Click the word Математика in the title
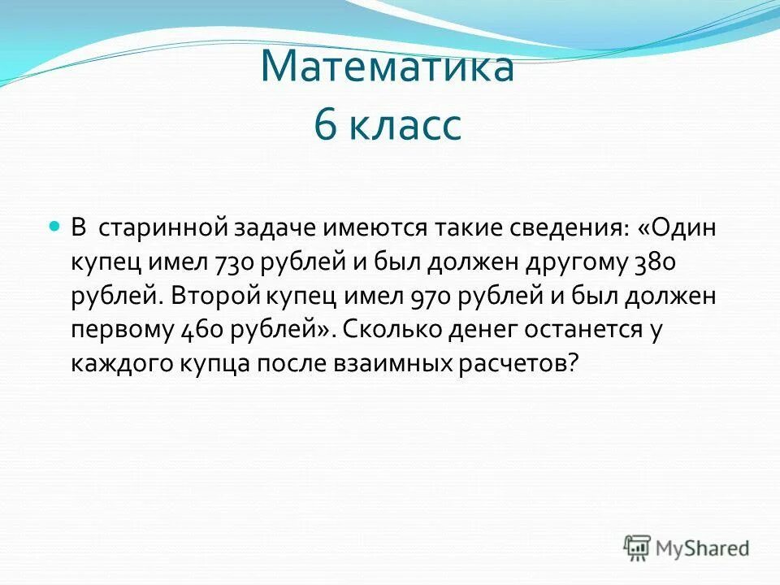388,67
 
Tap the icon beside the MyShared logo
637,547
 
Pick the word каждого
120,363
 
